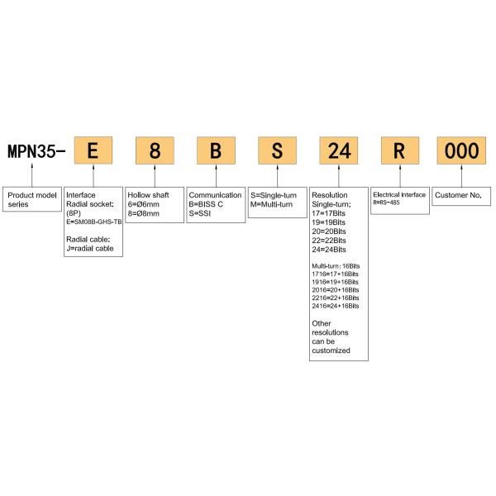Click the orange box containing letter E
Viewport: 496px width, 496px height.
[93, 150]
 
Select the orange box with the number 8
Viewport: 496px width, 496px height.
[155, 150]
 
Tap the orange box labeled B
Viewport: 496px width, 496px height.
[216, 150]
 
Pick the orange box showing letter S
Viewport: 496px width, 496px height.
[278, 150]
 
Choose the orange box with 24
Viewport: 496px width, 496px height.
[339, 150]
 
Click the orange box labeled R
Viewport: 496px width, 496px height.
[400, 150]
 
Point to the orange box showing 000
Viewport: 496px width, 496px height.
[461, 150]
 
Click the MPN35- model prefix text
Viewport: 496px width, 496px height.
[36, 151]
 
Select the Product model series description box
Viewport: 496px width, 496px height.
[32, 199]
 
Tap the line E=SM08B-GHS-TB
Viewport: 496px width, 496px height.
[94, 222]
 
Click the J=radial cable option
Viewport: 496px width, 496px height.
[90, 248]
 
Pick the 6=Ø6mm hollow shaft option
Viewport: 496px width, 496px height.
[143, 204]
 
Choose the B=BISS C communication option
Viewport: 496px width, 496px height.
[206, 204]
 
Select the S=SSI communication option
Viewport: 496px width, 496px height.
[199, 213]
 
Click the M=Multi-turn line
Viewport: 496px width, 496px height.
[271, 204]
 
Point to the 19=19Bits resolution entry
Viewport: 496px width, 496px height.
[329, 222]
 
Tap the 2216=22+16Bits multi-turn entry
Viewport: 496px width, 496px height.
[336, 298]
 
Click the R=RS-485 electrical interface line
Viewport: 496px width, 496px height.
[386, 203]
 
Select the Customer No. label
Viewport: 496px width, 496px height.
[458, 195]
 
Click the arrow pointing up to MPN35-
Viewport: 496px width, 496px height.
[32, 175]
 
